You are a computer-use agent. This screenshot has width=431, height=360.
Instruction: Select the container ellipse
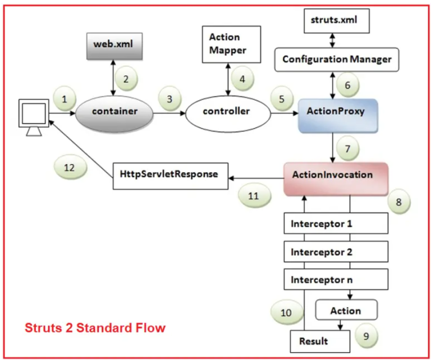click(114, 111)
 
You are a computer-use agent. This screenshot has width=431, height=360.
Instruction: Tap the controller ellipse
click(226, 111)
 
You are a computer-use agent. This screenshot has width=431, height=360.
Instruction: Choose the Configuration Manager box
click(337, 59)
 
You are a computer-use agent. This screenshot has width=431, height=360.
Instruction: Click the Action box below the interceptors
click(346, 310)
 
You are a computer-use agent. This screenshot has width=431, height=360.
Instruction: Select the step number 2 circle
click(126, 79)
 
